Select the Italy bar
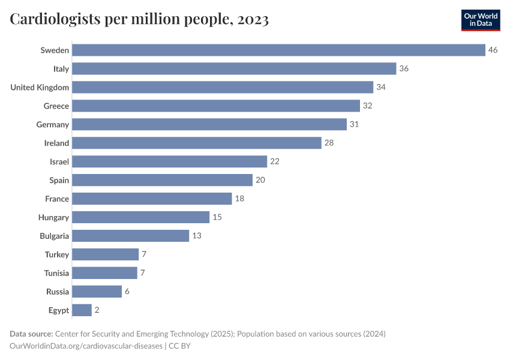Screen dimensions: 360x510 [x=234, y=68]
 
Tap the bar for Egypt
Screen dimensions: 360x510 [x=82, y=310]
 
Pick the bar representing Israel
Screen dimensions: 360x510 [x=170, y=161]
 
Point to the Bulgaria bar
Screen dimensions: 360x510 [x=131, y=236]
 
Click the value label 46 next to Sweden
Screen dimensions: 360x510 [x=493, y=50]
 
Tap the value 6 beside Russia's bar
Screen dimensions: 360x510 [x=127, y=292]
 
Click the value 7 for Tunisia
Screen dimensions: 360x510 [x=143, y=273]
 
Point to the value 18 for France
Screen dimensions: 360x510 [x=240, y=199]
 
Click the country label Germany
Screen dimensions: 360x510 [x=53, y=124]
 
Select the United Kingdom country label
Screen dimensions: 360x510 [x=40, y=87]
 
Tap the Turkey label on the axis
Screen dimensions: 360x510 [x=57, y=254]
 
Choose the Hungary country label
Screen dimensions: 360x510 [x=53, y=217]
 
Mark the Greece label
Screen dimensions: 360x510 [x=56, y=106]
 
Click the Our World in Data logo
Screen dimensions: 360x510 [x=481, y=20]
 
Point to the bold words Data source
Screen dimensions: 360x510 [x=31, y=334]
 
